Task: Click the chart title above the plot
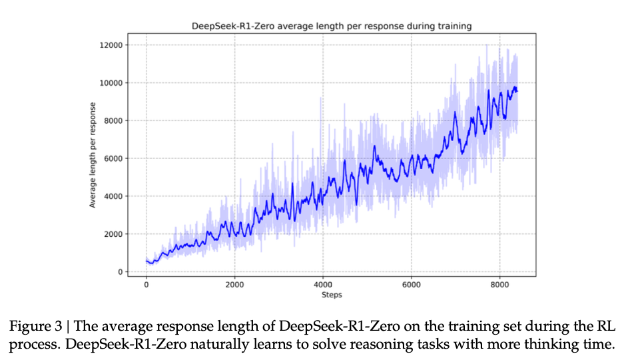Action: [x=331, y=26]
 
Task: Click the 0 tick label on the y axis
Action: [x=119, y=272]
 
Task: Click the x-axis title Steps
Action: [x=332, y=294]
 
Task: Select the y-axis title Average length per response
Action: [x=94, y=154]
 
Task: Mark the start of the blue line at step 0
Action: [x=147, y=260]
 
